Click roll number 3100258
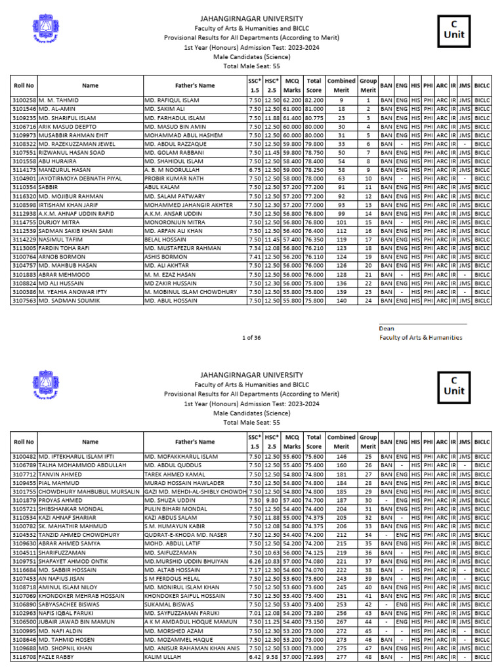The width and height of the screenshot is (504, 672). [x=24, y=99]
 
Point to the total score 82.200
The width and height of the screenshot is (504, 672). [x=314, y=99]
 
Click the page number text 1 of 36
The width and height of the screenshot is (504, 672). [x=251, y=337]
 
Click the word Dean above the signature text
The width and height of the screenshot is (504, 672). [x=387, y=329]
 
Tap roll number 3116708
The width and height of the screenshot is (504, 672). [x=24, y=656]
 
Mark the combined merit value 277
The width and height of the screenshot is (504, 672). [x=341, y=656]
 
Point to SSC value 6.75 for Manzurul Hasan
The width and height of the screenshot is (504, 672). [x=254, y=169]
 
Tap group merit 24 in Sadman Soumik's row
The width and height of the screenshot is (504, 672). [x=368, y=300]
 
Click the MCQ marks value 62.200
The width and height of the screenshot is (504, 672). [x=292, y=99]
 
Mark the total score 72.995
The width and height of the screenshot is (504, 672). [x=314, y=656]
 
